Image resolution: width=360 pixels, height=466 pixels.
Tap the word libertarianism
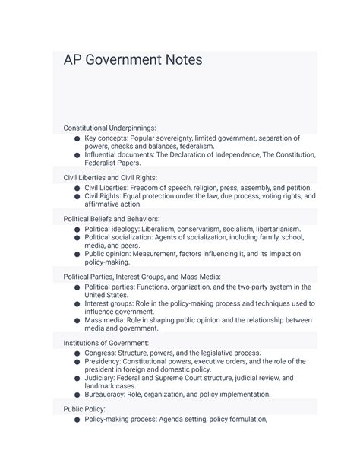(272, 229)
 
